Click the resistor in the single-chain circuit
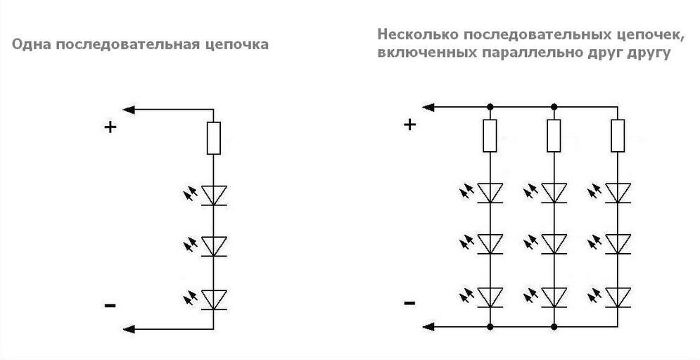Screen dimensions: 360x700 [212, 138]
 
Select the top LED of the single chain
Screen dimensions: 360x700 [212, 195]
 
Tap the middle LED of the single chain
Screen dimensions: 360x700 [212, 245]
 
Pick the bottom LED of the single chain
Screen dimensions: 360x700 [212, 300]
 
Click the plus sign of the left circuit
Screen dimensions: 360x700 [110, 127]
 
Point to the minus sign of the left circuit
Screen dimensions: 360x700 [110, 305]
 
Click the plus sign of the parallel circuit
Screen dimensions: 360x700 [409, 124]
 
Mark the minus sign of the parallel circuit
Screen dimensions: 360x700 [409, 303]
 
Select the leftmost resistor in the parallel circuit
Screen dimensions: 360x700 [490, 135]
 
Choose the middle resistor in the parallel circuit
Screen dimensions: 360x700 [554, 135]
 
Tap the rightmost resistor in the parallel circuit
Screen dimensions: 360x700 [618, 135]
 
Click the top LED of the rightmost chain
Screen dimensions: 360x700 [618, 192]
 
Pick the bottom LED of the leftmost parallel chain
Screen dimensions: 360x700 [490, 297]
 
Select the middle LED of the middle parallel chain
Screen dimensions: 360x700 [554, 243]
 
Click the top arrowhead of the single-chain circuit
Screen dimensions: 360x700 [129, 110]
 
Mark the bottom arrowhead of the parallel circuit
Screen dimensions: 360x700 [428, 326]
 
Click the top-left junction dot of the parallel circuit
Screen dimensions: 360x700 [490, 107]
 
